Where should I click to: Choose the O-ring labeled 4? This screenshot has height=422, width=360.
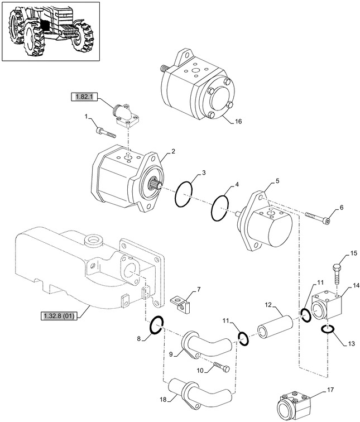point(220,208)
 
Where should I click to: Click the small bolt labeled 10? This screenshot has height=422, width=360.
point(220,367)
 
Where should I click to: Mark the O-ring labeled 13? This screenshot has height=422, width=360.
point(328,332)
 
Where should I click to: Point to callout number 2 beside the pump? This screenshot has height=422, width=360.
point(173,151)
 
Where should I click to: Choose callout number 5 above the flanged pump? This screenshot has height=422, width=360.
point(277,181)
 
